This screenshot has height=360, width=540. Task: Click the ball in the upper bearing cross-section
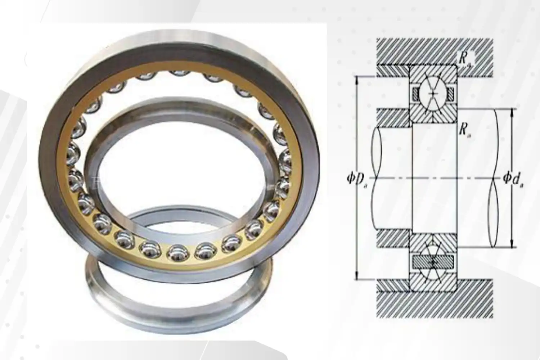433,93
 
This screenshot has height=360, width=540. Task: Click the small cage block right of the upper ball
451,94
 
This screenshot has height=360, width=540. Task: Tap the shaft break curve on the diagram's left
376,178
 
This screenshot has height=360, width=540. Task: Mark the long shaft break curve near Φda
496,178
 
